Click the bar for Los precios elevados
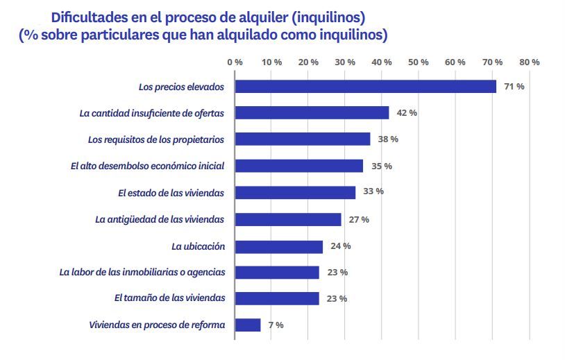pyautogui.click(x=366, y=87)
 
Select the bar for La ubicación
pyautogui.click(x=279, y=246)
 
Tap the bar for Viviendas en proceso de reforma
pyautogui.click(x=248, y=325)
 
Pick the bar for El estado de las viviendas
pyautogui.click(x=295, y=192)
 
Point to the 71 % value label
pyautogui.click(x=514, y=87)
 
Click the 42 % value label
pyautogui.click(x=407, y=113)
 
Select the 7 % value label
pyautogui.click(x=275, y=325)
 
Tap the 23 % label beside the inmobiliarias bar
pyautogui.click(x=337, y=273)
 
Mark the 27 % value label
pyautogui.click(x=359, y=219)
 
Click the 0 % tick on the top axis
pyautogui.click(x=235, y=62)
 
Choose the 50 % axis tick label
pyautogui.click(x=419, y=62)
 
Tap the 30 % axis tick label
pyautogui.click(x=345, y=62)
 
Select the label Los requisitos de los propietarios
pyautogui.click(x=156, y=139)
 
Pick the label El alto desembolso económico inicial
pyautogui.click(x=148, y=166)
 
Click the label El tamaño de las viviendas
pyautogui.click(x=169, y=298)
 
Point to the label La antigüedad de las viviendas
pyautogui.click(x=160, y=219)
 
